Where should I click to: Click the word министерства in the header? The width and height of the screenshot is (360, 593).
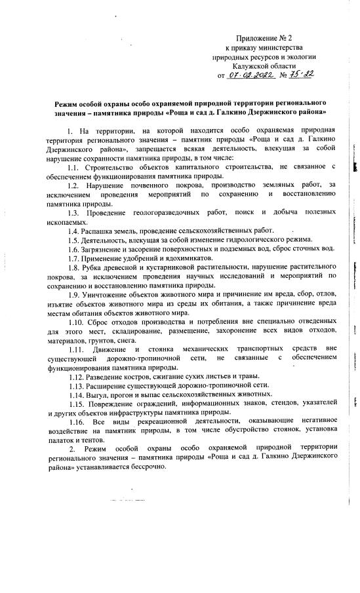click(x=279, y=49)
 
